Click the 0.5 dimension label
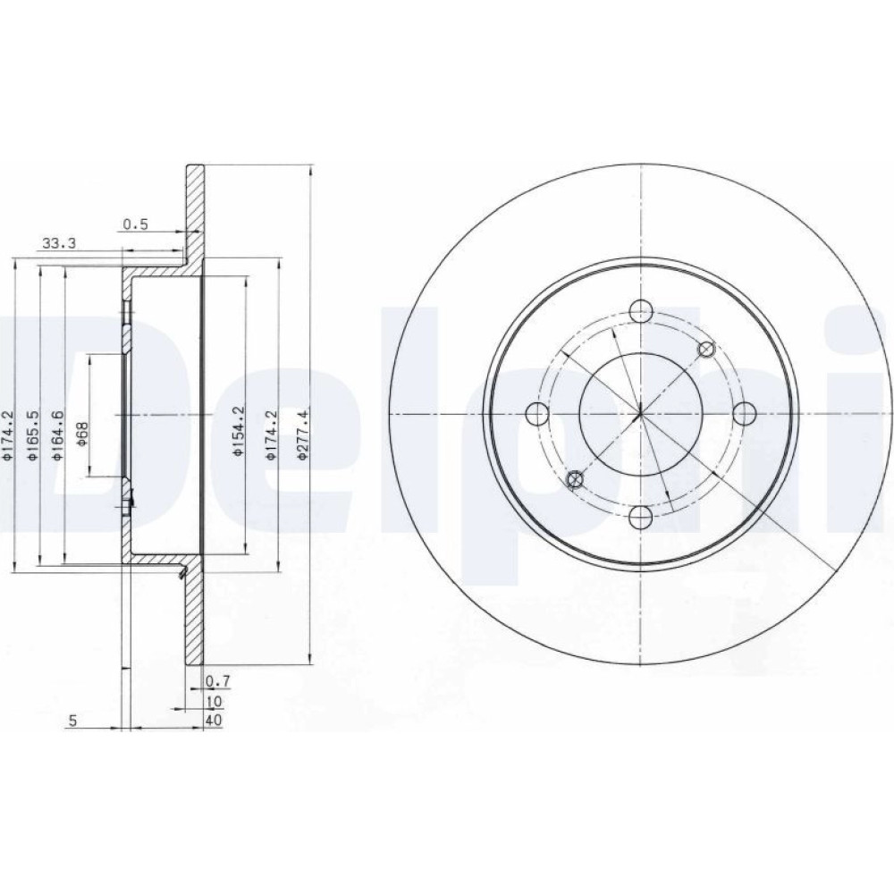pos(136,224)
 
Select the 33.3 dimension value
pos(59,244)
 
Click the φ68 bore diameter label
pos(81,434)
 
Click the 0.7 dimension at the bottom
pos(217,680)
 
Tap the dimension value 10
pos(215,701)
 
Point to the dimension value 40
pos(214,721)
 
